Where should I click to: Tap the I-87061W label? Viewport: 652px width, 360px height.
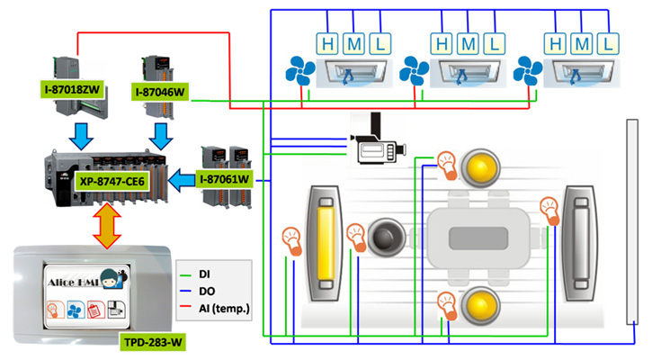[x=226, y=179]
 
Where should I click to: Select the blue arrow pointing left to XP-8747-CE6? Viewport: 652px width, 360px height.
[x=184, y=178]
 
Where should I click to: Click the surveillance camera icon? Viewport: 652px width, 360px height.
[x=379, y=143]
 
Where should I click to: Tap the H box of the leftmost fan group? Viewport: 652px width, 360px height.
[x=326, y=41]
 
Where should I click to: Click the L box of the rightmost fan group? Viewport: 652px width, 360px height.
[x=609, y=41]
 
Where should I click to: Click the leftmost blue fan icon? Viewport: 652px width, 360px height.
[x=299, y=72]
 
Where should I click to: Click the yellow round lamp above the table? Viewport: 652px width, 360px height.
[x=480, y=166]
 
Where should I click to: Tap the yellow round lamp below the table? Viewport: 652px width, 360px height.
[x=480, y=305]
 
